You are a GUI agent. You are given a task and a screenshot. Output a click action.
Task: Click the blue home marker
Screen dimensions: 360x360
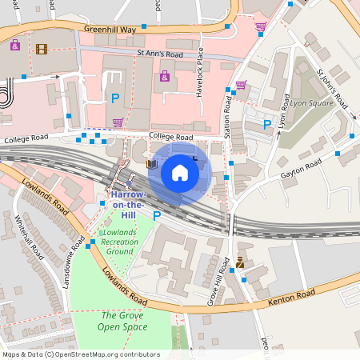[x=180, y=172]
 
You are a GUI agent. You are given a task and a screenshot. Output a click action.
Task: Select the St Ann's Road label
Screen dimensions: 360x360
[x=160, y=54]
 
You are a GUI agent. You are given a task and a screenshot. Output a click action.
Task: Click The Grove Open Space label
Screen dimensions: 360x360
[x=122, y=321]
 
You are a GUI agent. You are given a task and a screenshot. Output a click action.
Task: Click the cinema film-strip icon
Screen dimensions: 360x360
[x=41, y=49]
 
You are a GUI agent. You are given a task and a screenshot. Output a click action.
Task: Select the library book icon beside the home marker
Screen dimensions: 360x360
[x=152, y=164]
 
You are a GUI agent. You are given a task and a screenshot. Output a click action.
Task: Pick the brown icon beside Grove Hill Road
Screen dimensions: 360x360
[x=239, y=262]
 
